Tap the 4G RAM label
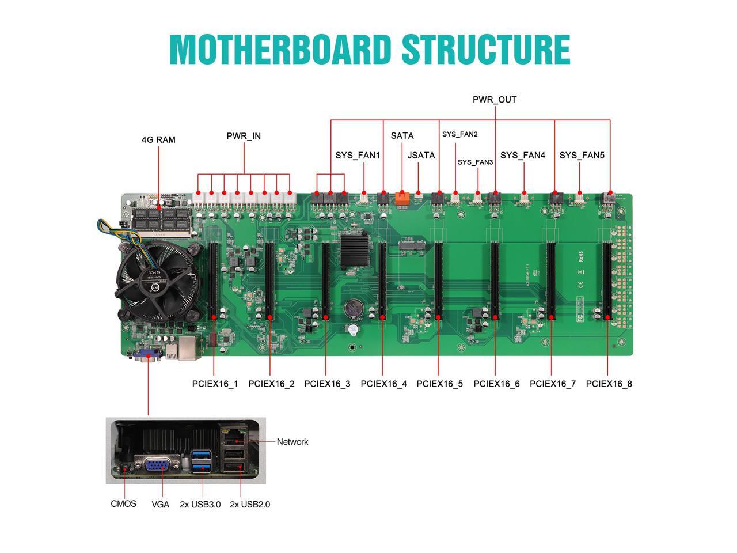[x=158, y=139]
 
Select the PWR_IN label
[x=244, y=136]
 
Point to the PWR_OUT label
[x=495, y=100]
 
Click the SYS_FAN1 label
[x=358, y=155]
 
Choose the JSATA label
[x=421, y=155]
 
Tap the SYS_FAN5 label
[x=582, y=155]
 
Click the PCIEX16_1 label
[x=215, y=384]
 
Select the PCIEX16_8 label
[x=609, y=384]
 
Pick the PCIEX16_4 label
[x=383, y=384]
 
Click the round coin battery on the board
[x=352, y=309]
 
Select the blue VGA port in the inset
[x=155, y=464]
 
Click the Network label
[x=292, y=442]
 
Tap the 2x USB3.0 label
[x=200, y=505]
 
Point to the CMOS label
[x=123, y=504]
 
